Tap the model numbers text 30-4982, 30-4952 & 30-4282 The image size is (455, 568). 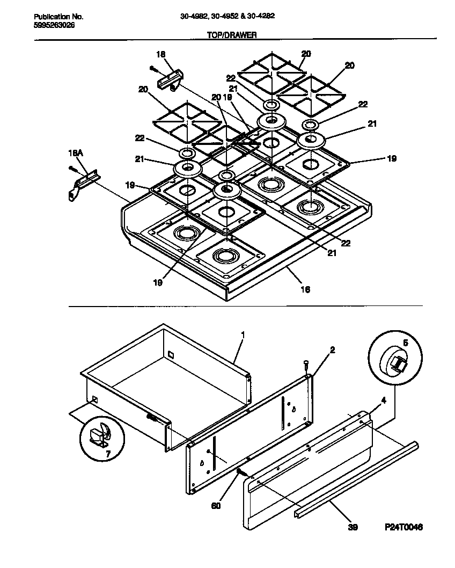coord(227,16)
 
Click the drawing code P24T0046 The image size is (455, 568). coord(403,528)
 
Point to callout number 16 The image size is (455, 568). coord(305,289)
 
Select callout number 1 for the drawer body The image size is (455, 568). coord(243,334)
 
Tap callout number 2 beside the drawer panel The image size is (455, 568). coord(332,349)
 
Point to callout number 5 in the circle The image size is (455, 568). coord(405,342)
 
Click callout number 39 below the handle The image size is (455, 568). coord(352,527)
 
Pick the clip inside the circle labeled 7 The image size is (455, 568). coord(99,435)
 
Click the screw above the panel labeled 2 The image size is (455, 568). coord(306,365)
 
